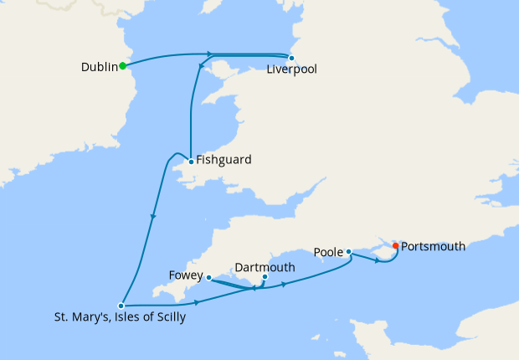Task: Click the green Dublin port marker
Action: click(122, 65)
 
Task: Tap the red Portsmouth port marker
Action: click(395, 246)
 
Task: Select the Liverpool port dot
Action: click(291, 58)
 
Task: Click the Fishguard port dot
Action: click(191, 161)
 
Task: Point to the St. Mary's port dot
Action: click(121, 306)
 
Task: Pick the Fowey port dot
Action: click(208, 277)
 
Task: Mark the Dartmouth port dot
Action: click(265, 277)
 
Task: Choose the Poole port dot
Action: click(348, 251)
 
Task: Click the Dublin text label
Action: click(99, 66)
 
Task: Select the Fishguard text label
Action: click(224, 160)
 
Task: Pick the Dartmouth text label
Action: click(265, 267)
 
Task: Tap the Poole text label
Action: click(327, 251)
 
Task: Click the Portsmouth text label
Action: click(433, 247)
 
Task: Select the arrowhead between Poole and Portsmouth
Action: click(378, 260)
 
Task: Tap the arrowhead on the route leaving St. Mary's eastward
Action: click(197, 301)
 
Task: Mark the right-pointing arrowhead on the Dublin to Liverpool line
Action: click(208, 54)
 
